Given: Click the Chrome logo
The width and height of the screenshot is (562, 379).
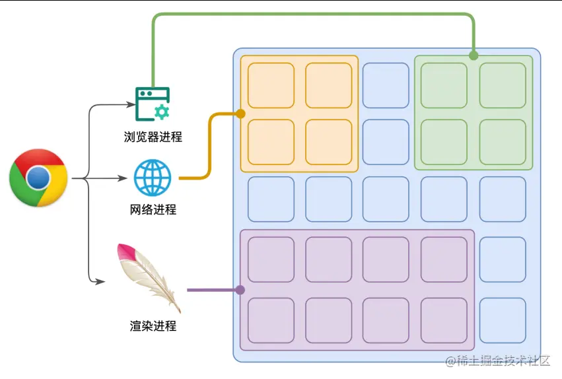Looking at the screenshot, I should (x=38, y=178).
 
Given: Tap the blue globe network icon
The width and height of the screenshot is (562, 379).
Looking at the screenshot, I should (x=153, y=178).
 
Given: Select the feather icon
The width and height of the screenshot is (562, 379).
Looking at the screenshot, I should (x=148, y=277).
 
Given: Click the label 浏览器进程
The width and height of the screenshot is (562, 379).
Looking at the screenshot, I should (x=153, y=137).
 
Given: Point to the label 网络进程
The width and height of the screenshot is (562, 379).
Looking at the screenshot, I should (x=153, y=210).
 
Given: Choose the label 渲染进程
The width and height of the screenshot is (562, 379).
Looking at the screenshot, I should (x=153, y=326).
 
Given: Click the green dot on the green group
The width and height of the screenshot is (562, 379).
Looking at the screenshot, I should (x=474, y=55).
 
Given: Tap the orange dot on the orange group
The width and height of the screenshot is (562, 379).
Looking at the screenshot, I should (x=240, y=114).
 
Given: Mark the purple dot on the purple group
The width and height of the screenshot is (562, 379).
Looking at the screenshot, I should (x=240, y=289).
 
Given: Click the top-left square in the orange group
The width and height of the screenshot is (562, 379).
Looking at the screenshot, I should (x=271, y=85).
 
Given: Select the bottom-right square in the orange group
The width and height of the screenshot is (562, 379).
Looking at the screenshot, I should (x=328, y=142).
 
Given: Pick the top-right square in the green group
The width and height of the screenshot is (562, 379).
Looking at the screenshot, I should (x=503, y=85).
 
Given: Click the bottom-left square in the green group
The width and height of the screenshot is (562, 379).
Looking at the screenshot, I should (x=444, y=142).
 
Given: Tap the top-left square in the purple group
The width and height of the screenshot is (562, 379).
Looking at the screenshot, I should (x=271, y=259).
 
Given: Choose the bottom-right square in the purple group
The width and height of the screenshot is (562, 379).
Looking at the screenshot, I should (x=444, y=320).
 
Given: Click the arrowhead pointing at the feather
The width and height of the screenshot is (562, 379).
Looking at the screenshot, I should (x=100, y=282).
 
